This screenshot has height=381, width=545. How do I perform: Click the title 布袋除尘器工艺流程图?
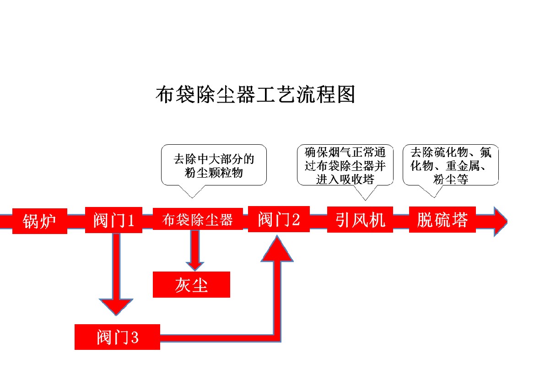click(255, 94)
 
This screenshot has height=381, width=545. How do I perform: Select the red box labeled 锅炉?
click(39, 221)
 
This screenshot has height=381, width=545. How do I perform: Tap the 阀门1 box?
click(113, 220)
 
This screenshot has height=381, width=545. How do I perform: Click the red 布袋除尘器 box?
click(197, 220)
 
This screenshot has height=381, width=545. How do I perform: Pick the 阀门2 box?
click(279, 219)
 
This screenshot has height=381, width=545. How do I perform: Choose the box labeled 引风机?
click(360, 220)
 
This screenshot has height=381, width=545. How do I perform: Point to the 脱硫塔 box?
click(442, 220)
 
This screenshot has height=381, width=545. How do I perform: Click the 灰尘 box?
click(191, 285)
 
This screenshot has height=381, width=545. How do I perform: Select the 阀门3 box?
click(117, 337)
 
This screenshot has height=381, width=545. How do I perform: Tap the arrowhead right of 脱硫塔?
click(500, 221)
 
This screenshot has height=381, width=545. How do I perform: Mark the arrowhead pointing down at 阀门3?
click(116, 306)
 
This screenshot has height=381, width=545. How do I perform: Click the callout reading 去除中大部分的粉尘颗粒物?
click(214, 166)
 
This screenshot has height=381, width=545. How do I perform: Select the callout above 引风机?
click(345, 165)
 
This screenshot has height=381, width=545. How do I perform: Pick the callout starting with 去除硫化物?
click(450, 165)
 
